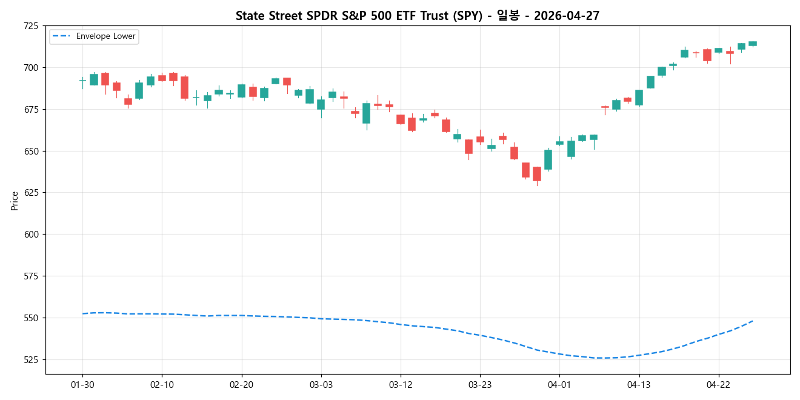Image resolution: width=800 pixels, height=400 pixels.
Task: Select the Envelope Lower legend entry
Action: (94, 36)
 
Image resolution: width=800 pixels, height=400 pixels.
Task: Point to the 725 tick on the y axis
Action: (30, 26)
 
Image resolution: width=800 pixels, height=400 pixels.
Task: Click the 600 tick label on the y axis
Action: (30, 235)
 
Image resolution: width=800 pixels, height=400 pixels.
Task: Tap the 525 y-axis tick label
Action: (30, 359)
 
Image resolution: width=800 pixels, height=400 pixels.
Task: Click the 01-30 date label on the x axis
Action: (82, 384)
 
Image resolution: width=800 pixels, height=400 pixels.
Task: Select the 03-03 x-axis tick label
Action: (321, 384)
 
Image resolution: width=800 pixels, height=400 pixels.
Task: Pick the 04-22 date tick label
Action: (718, 384)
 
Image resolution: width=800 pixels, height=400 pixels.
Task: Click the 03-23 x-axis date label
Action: (480, 384)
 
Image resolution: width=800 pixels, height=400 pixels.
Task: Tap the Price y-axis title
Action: (15, 201)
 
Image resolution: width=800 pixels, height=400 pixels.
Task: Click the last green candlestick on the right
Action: (752, 44)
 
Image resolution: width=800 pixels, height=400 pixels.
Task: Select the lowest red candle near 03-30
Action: (536, 174)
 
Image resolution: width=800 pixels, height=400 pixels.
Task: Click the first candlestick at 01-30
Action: (82, 80)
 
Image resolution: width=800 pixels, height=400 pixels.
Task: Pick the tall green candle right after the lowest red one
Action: (548, 159)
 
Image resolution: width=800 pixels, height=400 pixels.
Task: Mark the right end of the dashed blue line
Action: (752, 321)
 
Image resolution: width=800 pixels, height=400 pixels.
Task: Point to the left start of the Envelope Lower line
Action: (83, 313)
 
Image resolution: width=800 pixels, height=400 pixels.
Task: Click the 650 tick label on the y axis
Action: (30, 151)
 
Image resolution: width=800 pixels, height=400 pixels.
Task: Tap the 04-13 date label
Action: (639, 384)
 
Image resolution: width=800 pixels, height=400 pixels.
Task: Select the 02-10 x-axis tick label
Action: (162, 384)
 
